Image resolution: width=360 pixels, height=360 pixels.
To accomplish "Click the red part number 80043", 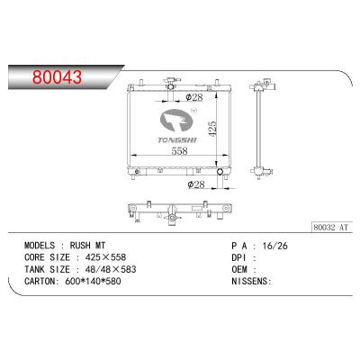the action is click(57, 77).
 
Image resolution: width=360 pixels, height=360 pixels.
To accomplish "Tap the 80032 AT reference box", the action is click(331, 227).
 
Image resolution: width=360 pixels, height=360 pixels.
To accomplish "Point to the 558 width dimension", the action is click(179, 151).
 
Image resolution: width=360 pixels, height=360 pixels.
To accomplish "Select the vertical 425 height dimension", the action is click(211, 130).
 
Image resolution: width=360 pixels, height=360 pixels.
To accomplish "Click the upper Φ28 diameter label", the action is click(194, 97).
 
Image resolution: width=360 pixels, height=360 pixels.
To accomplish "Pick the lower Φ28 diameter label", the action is click(196, 184).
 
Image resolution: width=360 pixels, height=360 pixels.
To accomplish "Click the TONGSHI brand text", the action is click(177, 139).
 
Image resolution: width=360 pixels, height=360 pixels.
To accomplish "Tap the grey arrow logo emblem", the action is click(177, 121).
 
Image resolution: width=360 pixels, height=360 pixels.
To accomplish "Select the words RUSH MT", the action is click(87, 246).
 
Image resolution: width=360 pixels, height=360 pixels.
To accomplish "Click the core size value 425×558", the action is click(105, 257).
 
